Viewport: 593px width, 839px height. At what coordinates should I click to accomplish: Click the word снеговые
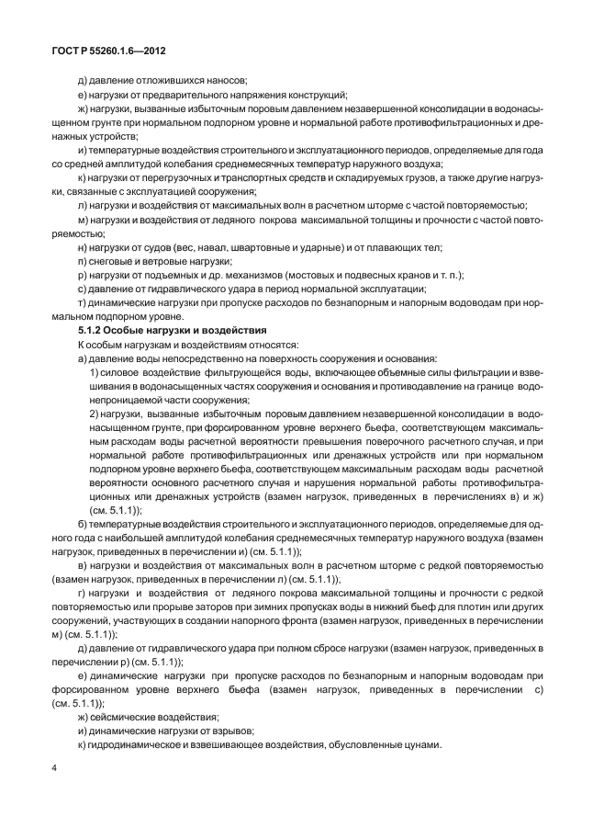tap(112, 262)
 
